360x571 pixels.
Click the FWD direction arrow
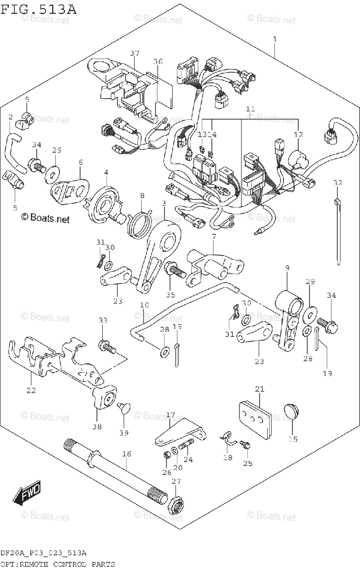28,493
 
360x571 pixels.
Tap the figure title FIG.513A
38,9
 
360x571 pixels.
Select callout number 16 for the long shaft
126,454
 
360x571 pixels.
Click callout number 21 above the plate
259,389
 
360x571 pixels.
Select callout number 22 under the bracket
31,391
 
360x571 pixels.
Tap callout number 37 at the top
135,52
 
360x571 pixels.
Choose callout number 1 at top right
274,39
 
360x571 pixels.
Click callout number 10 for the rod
145,305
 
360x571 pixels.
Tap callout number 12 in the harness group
298,135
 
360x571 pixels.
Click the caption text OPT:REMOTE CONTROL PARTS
58,565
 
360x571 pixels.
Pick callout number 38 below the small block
97,426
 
